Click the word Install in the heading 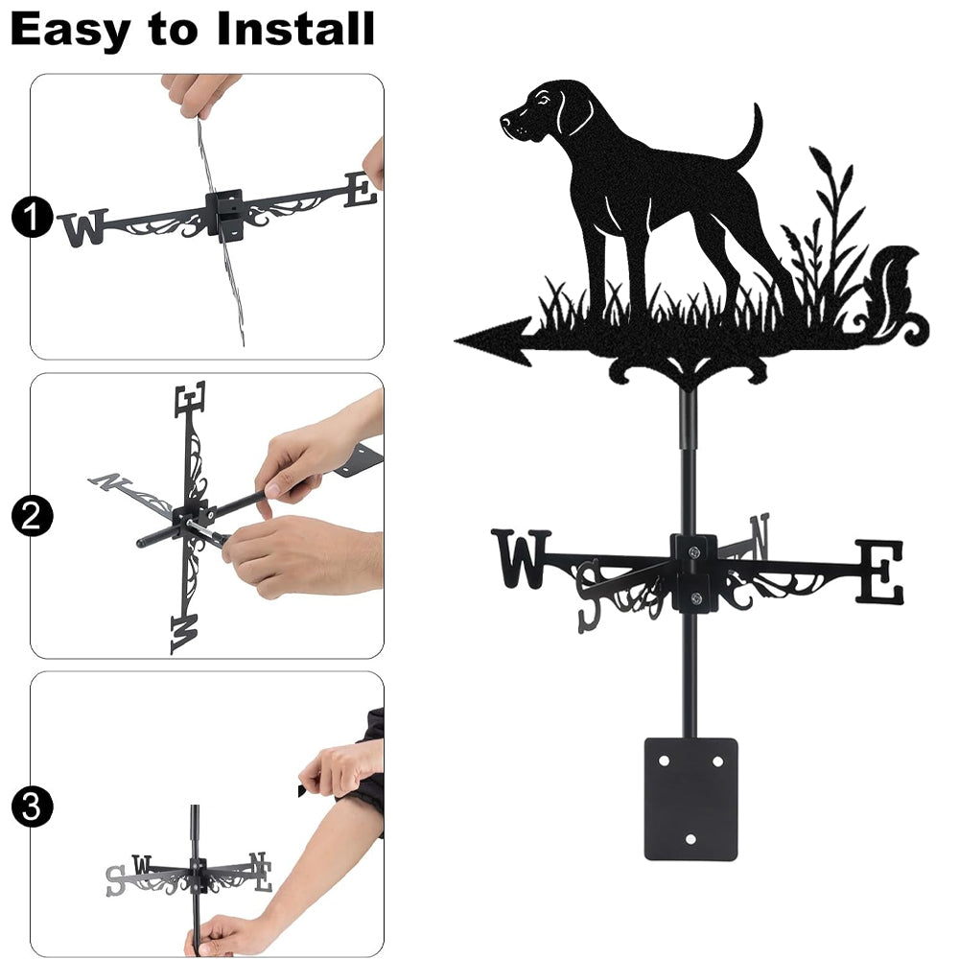(295, 28)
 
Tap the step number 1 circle (32, 217)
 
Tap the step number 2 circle (32, 516)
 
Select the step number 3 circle (32, 807)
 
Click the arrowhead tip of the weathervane (456, 340)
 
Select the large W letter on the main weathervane (521, 558)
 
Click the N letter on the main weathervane (760, 536)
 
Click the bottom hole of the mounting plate (691, 839)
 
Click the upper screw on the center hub (693, 552)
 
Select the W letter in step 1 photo (83, 227)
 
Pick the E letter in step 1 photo (361, 189)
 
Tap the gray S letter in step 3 (116, 880)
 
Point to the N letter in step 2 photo (110, 482)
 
